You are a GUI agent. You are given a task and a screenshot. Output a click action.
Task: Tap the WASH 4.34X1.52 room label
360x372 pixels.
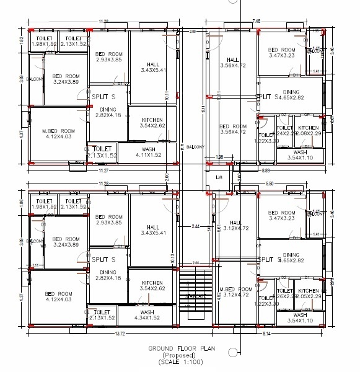(x=147, y=315)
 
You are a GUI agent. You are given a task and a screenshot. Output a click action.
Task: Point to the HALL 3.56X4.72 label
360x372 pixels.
(x=234, y=60)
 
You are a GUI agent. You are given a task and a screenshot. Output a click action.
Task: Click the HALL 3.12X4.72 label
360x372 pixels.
(x=235, y=226)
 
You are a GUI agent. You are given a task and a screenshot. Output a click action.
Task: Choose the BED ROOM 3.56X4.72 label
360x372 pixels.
(x=234, y=129)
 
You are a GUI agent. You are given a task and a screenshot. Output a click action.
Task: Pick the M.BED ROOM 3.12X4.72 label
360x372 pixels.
(x=235, y=293)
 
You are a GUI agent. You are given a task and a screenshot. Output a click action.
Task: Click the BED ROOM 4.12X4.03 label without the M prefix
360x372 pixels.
(x=59, y=296)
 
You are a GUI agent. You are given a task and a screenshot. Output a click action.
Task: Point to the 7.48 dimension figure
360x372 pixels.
(x=256, y=21)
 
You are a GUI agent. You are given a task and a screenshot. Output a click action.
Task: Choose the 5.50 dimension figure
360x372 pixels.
(x=269, y=184)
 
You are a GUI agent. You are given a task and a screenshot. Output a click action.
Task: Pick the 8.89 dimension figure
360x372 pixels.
(x=266, y=169)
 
